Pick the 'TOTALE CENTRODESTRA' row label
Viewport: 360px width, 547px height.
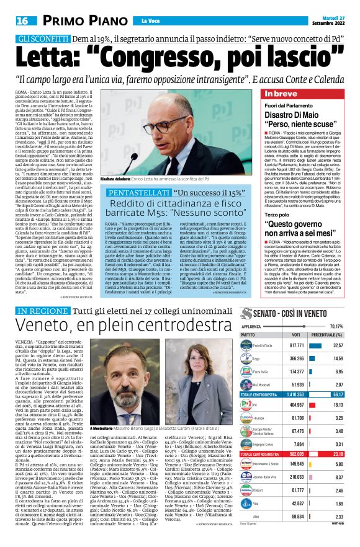click(261, 411)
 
